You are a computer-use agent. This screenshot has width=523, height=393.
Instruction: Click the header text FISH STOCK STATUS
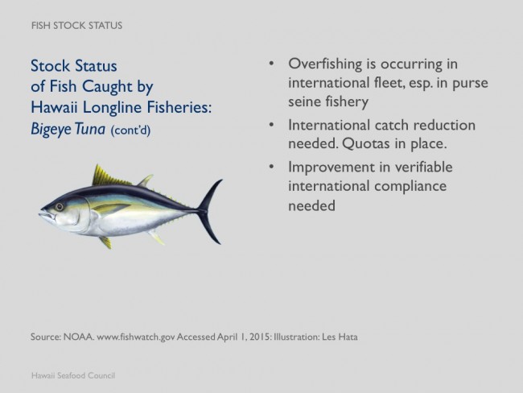[x=76, y=26]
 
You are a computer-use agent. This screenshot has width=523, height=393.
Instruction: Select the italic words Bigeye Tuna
[x=68, y=129]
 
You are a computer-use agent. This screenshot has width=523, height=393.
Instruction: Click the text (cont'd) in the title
[x=130, y=130]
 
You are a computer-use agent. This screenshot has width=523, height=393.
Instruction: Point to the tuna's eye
[x=60, y=207]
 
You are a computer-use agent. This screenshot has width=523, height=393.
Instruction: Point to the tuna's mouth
[x=47, y=214]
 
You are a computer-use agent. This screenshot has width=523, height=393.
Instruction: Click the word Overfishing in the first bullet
[x=325, y=64]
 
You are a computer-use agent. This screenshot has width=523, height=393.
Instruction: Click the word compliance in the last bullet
[x=410, y=187]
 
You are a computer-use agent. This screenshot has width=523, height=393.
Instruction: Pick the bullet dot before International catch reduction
[x=271, y=125]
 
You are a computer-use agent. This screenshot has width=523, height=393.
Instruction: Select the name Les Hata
[x=340, y=337]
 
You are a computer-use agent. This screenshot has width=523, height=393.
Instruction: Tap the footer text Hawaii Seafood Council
[x=73, y=375]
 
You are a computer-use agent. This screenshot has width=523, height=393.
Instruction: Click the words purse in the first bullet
[x=471, y=84]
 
